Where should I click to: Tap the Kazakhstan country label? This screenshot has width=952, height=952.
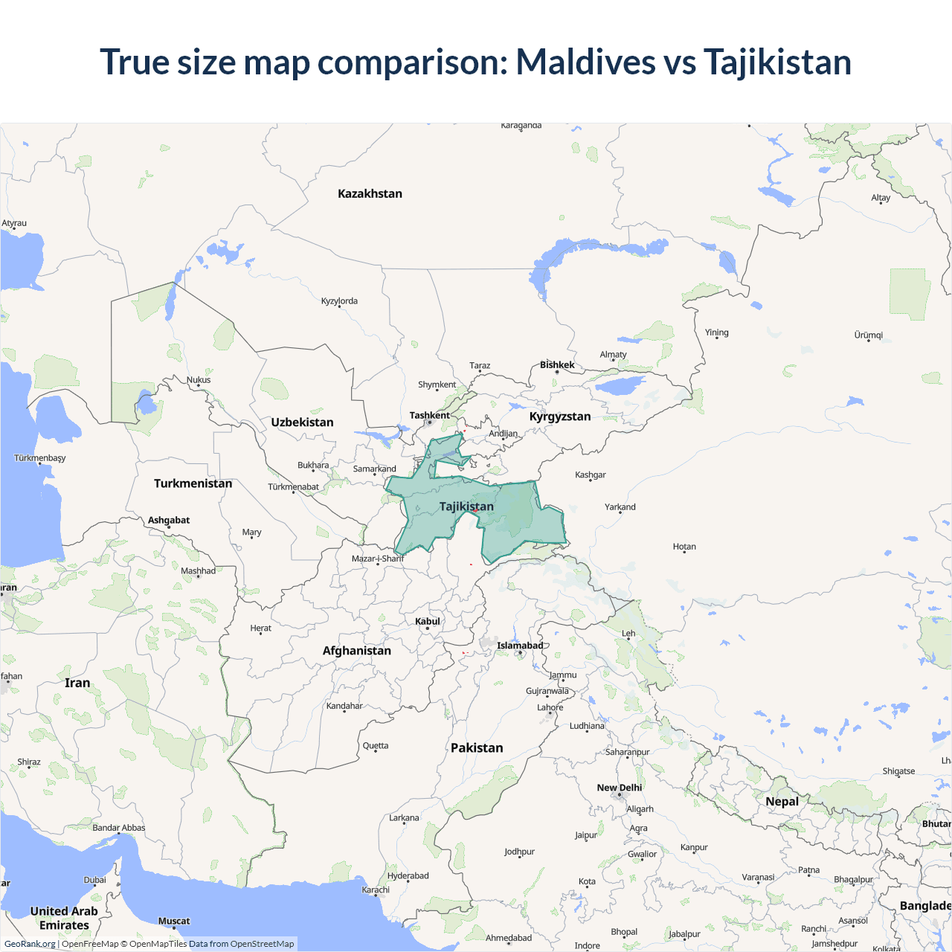[370, 193]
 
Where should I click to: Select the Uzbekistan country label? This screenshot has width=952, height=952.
[302, 422]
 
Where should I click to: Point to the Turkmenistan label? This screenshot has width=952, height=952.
[193, 483]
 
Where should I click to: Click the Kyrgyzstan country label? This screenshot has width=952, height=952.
[559, 416]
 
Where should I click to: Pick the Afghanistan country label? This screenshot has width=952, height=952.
[356, 651]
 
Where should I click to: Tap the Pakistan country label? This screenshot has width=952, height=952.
[477, 747]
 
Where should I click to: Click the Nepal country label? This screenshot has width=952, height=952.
[782, 801]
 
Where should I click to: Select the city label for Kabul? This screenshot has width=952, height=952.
[428, 621]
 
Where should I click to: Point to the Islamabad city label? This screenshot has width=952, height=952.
[520, 646]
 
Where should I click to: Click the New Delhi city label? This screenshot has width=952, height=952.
[619, 788]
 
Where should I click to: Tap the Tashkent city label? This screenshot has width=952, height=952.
[429, 415]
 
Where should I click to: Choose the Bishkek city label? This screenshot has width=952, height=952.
[557, 364]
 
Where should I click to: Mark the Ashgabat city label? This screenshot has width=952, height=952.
[169, 520]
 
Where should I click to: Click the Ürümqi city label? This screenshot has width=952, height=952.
[869, 335]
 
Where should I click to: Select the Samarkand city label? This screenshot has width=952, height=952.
[374, 469]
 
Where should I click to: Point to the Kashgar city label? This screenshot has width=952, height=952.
[591, 475]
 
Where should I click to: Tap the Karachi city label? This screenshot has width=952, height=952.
[376, 890]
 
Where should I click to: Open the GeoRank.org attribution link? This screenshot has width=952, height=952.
[30, 944]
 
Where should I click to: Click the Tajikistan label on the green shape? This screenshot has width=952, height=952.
[466, 506]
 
